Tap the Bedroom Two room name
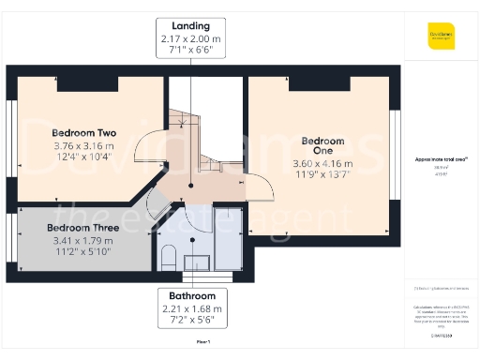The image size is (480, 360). (x=82, y=132)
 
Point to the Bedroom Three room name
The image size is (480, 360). (x=82, y=228)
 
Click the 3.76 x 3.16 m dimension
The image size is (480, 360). (x=82, y=145)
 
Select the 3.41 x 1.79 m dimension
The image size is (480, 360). (x=82, y=240)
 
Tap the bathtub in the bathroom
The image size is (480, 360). (x=228, y=242)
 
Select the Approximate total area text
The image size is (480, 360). (x=437, y=160)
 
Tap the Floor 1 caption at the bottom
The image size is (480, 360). (x=202, y=344)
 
